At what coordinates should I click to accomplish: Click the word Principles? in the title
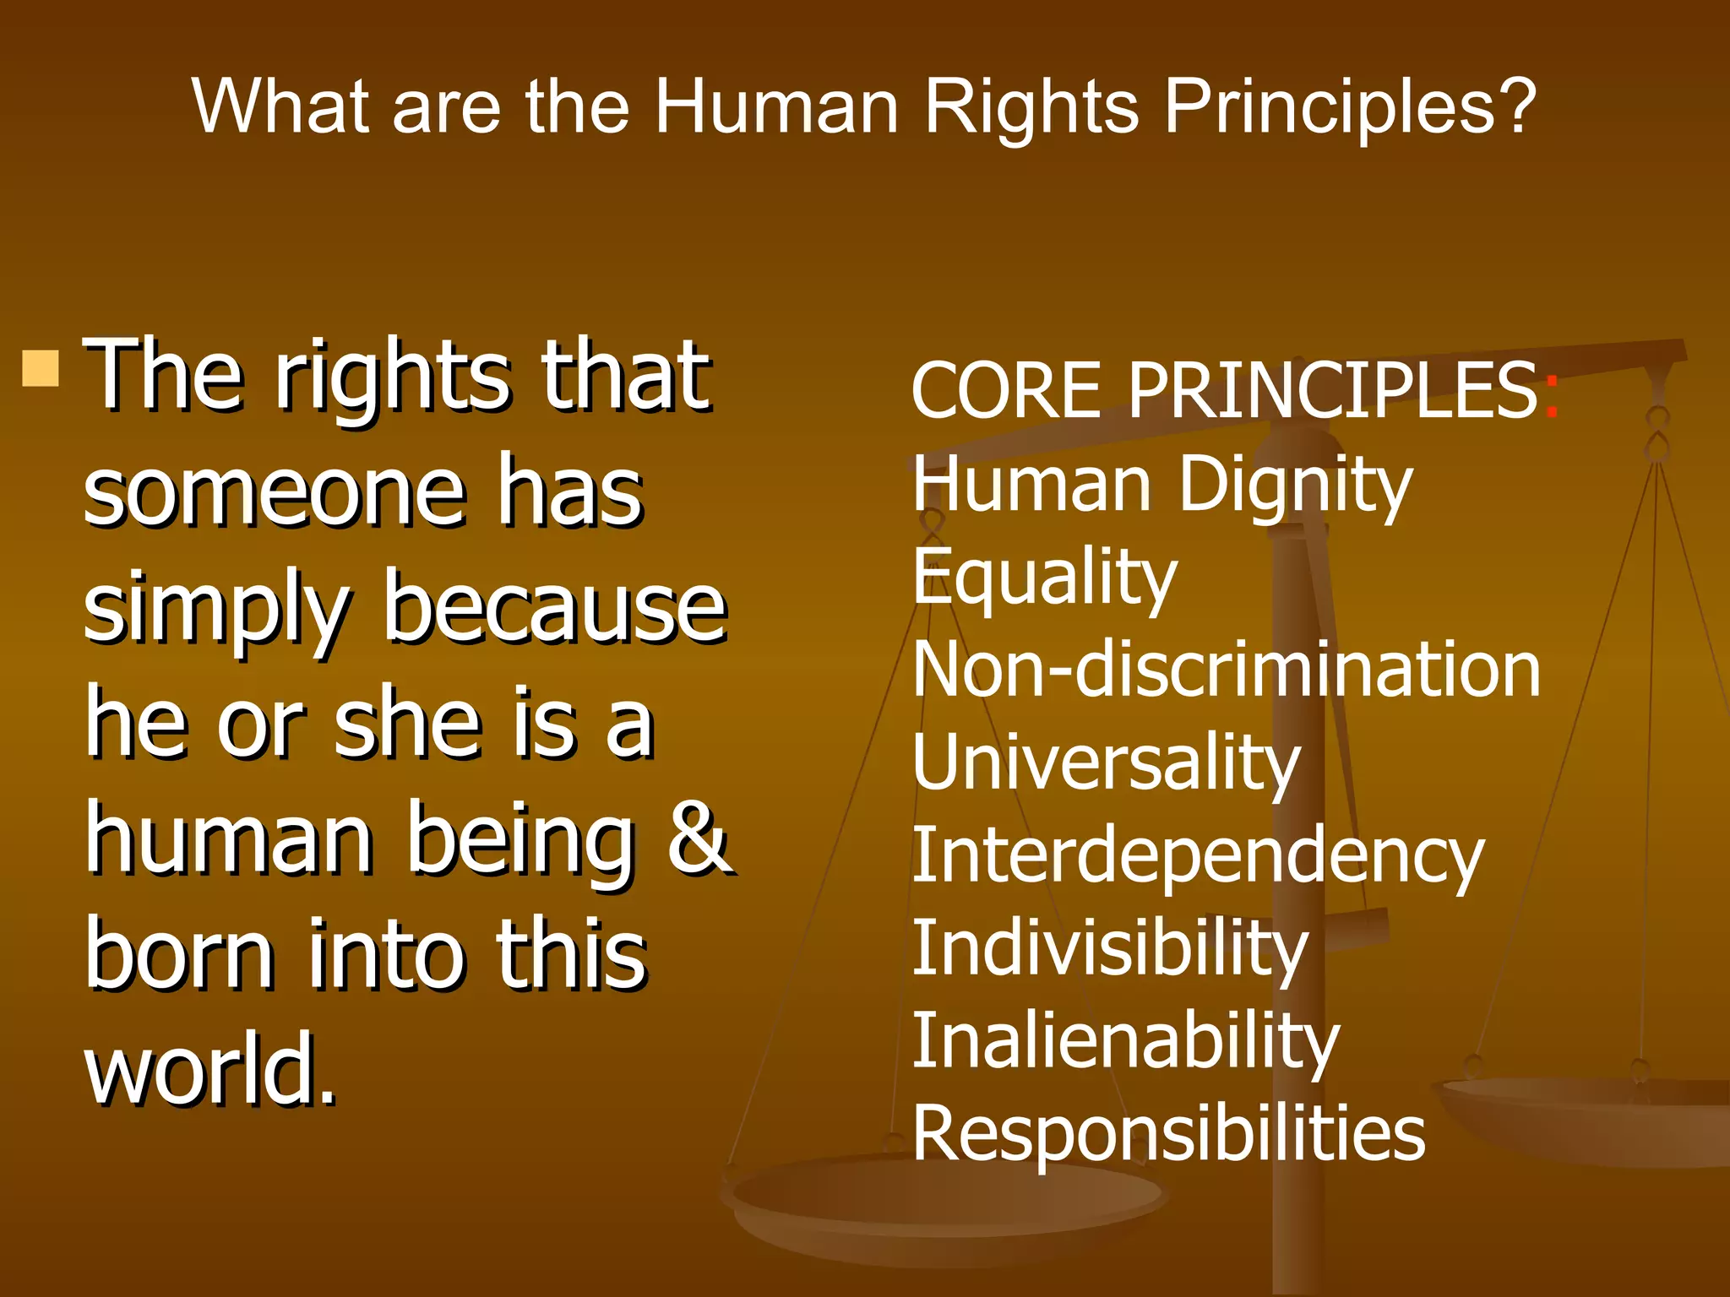click(1349, 107)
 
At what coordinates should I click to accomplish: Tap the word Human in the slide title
click(776, 107)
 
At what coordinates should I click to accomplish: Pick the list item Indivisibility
click(1110, 950)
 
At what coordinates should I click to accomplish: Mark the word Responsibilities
click(1169, 1134)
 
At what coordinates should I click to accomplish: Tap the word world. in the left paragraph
click(210, 1071)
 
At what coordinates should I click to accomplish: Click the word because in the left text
click(555, 610)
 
